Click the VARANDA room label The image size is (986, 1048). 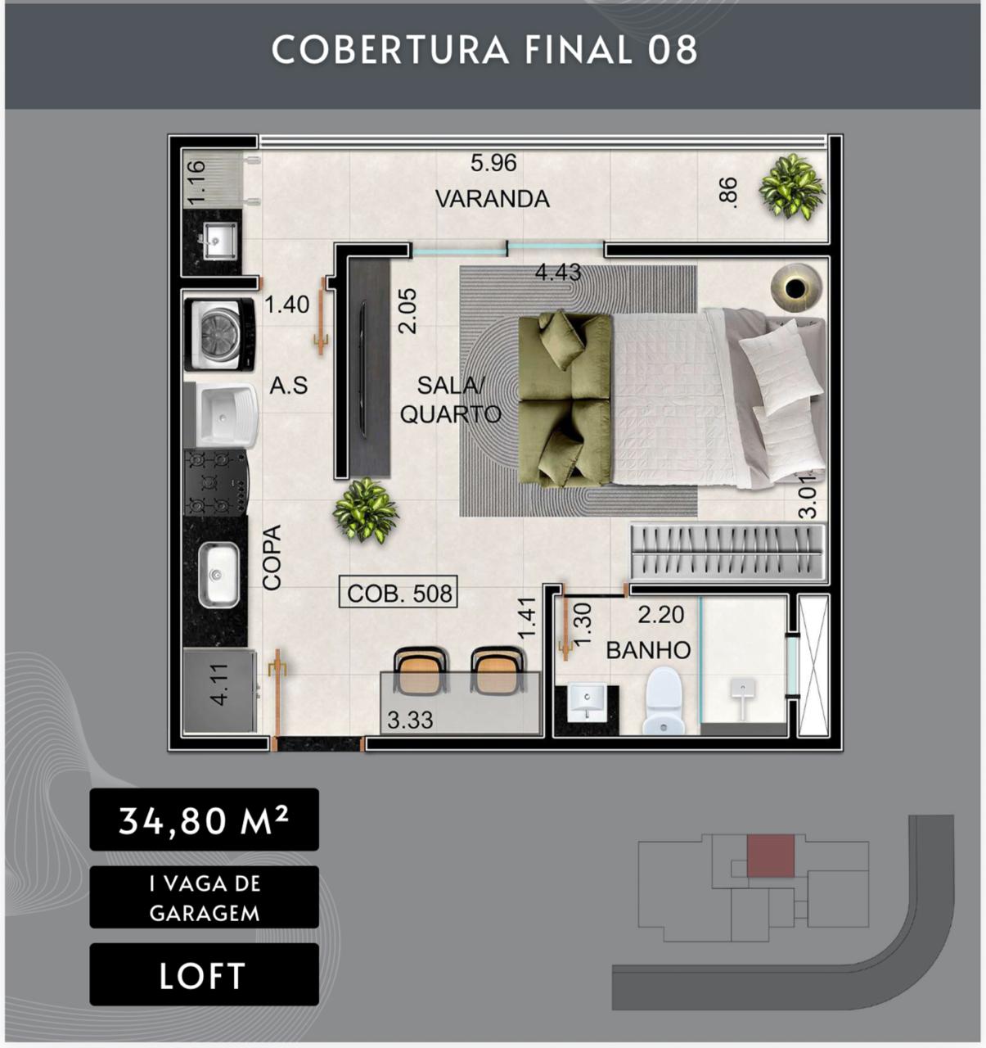coord(493,199)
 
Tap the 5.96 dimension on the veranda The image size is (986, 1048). coord(493,163)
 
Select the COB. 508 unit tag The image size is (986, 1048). coord(398,593)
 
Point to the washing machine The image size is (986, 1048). coord(220,335)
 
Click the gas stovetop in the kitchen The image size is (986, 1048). coord(216,481)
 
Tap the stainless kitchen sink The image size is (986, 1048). coord(218,575)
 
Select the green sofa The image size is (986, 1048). coord(565,400)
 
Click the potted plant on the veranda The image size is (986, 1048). coord(790,187)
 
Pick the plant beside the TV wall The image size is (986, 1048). coord(365,510)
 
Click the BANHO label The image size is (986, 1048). coord(648,650)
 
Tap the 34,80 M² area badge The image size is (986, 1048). coord(204,820)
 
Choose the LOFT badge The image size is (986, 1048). coord(204,976)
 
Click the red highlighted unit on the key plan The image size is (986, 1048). coord(770,856)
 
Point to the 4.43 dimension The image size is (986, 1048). coord(557,273)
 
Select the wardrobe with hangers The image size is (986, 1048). coord(727,552)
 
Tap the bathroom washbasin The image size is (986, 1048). coord(587,702)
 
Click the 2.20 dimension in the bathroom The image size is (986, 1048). coord(660,615)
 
